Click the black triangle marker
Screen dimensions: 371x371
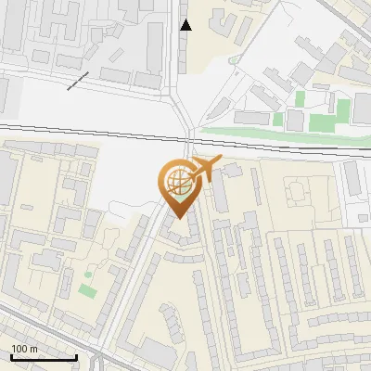click(x=185, y=25)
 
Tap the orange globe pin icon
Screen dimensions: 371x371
click(x=178, y=186)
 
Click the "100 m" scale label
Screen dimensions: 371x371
click(x=24, y=349)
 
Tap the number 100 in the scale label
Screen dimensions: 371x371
click(x=19, y=349)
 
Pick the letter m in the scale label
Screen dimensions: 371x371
click(x=33, y=349)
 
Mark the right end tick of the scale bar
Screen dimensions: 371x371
click(x=76, y=356)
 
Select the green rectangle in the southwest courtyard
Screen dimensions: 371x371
click(x=87, y=290)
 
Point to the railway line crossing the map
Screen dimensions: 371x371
click(x=93, y=131)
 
